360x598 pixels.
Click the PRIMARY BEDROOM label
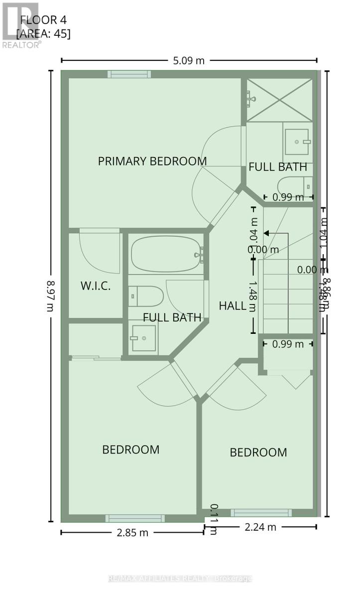pos(152,161)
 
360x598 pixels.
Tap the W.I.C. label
pos(95,286)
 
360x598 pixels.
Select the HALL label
pos(233,305)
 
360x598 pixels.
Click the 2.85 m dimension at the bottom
pos(132,532)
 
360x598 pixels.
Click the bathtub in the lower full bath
pos(166,254)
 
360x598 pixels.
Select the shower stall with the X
pos(279,100)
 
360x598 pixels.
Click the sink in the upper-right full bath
pos(297,142)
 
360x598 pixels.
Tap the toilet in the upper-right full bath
pos(295,185)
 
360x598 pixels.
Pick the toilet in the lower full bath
pos(146,296)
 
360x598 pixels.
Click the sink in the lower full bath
pos(143,338)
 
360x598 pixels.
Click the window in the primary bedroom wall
pos(129,74)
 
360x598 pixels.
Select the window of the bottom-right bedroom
pos(261,513)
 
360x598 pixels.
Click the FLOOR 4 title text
pos(43,20)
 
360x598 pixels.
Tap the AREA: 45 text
pos(43,34)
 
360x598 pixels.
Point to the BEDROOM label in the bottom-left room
pos(130,449)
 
